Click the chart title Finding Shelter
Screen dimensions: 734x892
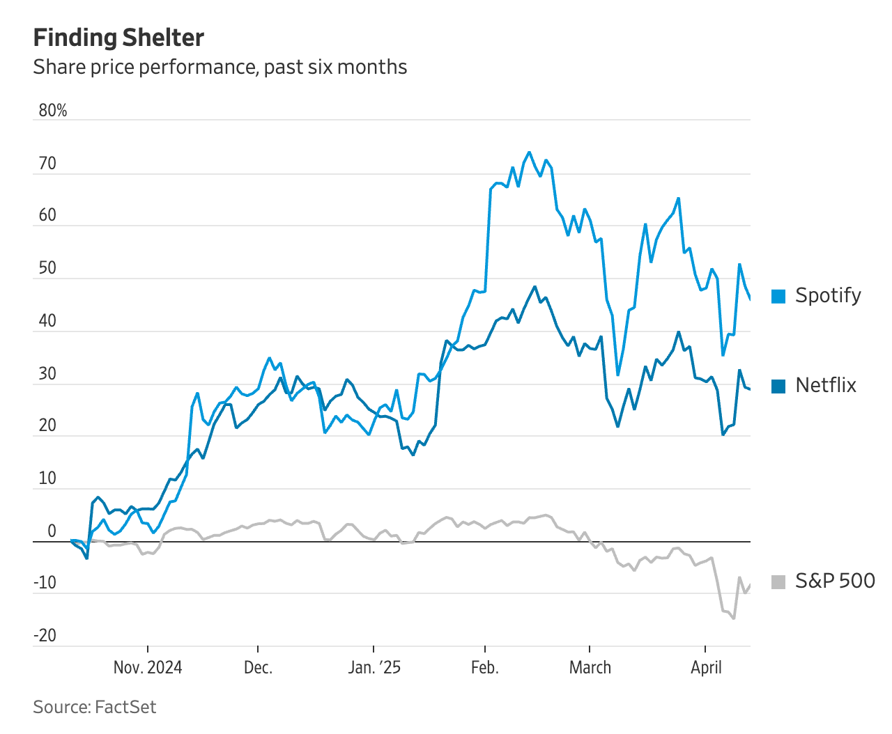tap(118, 38)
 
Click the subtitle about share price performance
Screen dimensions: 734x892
tap(220, 67)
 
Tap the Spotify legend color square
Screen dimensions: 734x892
tap(778, 296)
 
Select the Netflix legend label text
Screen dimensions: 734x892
tap(825, 385)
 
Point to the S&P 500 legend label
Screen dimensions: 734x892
tap(834, 581)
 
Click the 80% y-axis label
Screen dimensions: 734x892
tap(53, 111)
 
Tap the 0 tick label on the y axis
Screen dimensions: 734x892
tap(52, 531)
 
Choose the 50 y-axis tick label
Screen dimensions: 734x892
tap(47, 268)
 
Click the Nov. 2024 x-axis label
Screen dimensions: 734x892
tap(148, 667)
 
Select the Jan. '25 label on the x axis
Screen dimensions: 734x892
tap(374, 667)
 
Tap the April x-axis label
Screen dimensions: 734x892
tap(706, 667)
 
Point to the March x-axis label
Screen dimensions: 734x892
tap(590, 667)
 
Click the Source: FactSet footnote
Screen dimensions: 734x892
tap(95, 707)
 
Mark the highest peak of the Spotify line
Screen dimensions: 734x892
tap(529, 152)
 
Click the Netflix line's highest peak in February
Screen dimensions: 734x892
tap(535, 286)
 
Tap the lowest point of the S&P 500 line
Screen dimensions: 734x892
tap(734, 618)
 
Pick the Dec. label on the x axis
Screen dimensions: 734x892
tap(258, 667)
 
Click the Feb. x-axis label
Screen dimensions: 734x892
tap(484, 667)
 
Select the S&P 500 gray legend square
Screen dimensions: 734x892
tap(778, 581)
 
